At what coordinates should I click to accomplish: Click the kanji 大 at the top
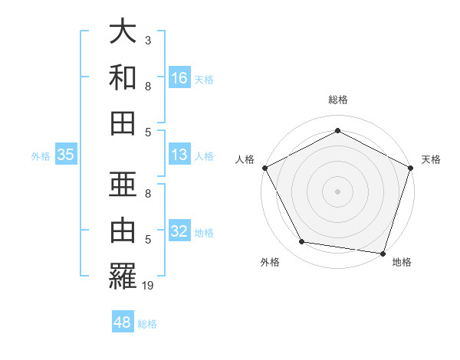pos(123,33)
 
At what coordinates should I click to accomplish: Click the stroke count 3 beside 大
pos(147,40)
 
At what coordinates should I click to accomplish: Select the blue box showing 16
pos(179,78)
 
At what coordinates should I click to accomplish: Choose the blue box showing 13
pos(179,155)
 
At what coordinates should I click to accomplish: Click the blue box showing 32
pos(179,232)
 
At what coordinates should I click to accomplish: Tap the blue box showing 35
pos(66,155)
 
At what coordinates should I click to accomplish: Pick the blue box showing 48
pos(123,322)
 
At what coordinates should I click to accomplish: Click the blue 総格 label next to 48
pos(147,324)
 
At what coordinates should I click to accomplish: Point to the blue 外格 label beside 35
pos(41,156)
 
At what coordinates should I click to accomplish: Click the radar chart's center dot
pos(337,191)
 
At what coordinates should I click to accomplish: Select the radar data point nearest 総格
pos(337,130)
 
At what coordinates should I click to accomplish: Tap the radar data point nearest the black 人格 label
pos(264,167)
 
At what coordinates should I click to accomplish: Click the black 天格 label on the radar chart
pos(431,159)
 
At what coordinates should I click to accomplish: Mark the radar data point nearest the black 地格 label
pos(383,253)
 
